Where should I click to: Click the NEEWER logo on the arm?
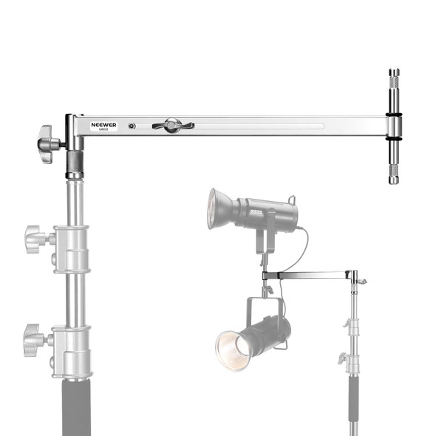point(104,125)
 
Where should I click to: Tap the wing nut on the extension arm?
point(171,126)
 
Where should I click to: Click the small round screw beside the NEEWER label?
point(132,126)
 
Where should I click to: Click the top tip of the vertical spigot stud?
point(394,72)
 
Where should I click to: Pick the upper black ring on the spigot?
point(394,115)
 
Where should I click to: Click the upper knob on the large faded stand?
point(35,238)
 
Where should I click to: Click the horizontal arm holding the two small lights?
point(310,276)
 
